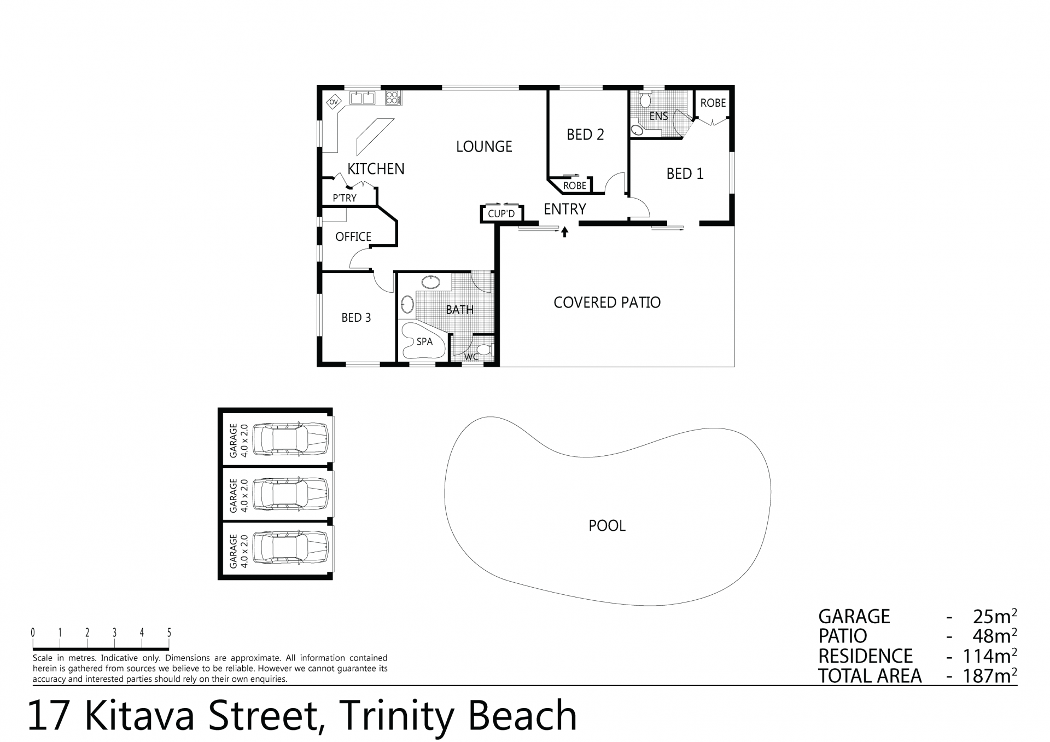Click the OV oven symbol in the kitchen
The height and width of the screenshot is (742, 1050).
333,102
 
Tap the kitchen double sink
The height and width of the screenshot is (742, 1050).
363,98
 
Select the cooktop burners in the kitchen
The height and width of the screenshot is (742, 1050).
393,98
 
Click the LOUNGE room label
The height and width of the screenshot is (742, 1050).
484,147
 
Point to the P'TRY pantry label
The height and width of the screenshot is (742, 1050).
345,198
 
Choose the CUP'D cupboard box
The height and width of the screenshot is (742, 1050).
502,213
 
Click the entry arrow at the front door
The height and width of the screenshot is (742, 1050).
565,232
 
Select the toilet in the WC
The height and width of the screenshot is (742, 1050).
484,350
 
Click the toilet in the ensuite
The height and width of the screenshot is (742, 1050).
645,99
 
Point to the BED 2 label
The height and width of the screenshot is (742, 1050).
585,135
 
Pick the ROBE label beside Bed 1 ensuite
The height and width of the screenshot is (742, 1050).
713,103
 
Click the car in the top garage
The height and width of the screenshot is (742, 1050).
293,438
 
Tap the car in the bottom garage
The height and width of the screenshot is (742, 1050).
293,549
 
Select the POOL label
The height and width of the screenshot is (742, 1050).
607,526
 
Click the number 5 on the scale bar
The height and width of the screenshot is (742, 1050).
169,633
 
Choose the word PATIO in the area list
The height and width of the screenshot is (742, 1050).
843,636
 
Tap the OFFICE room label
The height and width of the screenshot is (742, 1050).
353,236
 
